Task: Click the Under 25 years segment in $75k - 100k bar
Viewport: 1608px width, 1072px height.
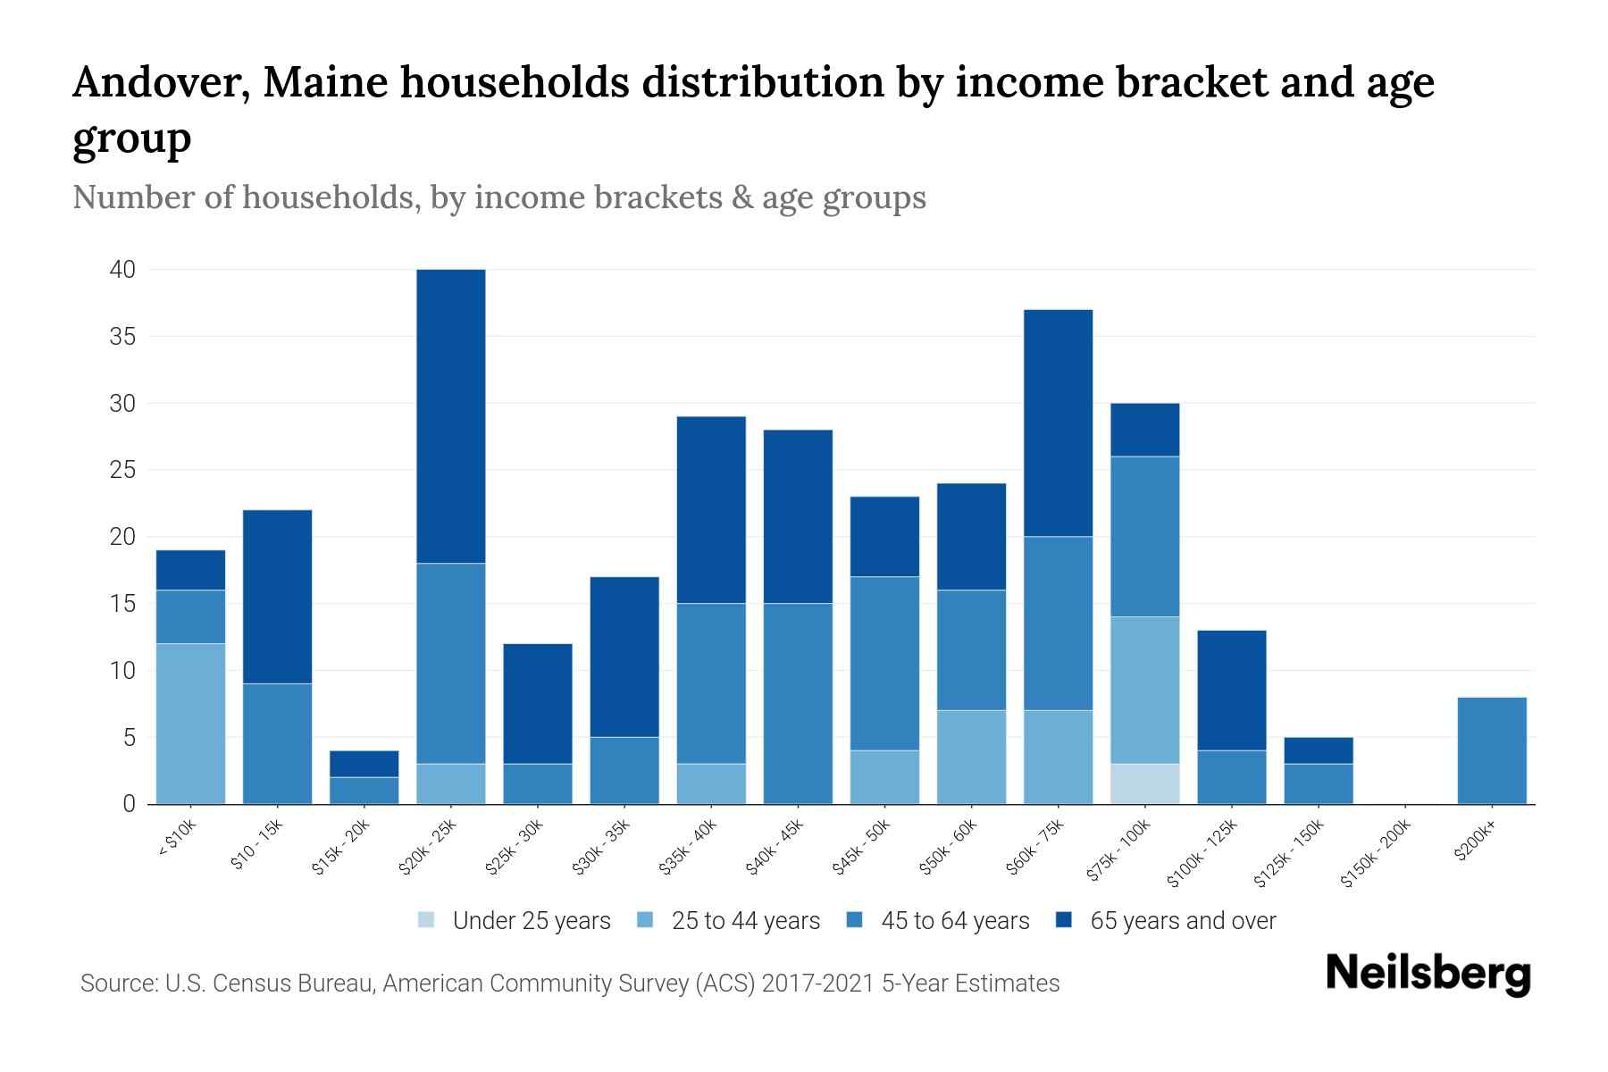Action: (x=1144, y=783)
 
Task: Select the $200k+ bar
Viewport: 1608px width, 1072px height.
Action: (x=1491, y=750)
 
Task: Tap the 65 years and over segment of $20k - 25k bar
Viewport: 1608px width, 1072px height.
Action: (x=451, y=416)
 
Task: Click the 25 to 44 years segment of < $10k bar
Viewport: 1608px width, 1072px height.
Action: (x=190, y=724)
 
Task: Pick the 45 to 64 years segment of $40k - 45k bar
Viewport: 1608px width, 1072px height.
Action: (x=798, y=703)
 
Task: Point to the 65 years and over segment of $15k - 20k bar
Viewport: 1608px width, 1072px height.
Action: (x=364, y=764)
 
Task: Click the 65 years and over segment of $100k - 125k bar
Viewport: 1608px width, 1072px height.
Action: (x=1231, y=690)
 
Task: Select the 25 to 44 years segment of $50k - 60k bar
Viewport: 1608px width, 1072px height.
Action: (x=971, y=757)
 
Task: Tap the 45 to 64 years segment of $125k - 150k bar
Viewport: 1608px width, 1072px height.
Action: (x=1318, y=783)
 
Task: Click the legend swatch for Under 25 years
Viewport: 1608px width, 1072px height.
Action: (x=427, y=920)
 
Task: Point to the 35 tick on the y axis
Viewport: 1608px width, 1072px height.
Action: (x=123, y=337)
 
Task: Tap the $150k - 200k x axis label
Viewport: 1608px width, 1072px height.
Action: (x=1377, y=853)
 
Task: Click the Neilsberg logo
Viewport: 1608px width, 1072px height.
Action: (x=1428, y=974)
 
